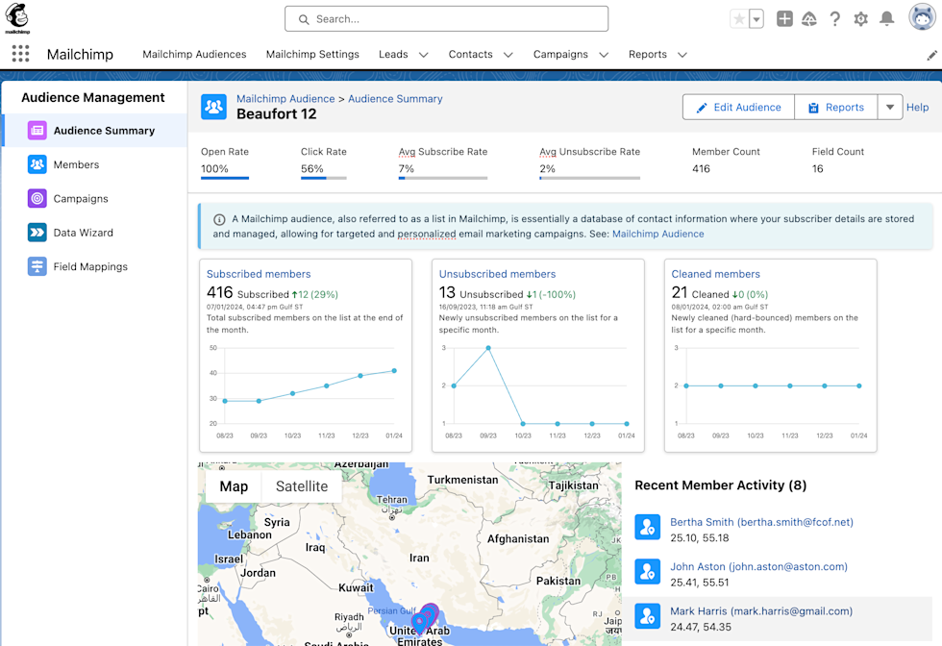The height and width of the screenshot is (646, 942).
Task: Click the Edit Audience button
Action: [x=738, y=108]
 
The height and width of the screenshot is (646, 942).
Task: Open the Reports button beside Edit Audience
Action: [x=835, y=108]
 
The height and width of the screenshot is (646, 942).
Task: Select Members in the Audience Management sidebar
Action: [x=76, y=164]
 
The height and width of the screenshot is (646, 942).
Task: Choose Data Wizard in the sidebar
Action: [x=83, y=233]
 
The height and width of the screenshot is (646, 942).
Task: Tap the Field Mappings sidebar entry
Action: [x=90, y=266]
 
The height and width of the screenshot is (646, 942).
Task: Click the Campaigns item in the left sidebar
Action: [x=81, y=199]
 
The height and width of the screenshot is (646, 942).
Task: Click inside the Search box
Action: [x=446, y=19]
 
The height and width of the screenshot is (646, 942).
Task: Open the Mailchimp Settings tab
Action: [x=312, y=55]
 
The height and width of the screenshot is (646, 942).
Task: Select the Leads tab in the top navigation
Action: [x=393, y=55]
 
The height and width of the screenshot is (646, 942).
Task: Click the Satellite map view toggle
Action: [x=302, y=486]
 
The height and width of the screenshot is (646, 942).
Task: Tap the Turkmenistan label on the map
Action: [x=464, y=480]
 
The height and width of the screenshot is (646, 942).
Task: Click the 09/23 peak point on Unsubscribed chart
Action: [x=488, y=348]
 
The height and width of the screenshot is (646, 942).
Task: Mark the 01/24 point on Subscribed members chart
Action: [x=394, y=371]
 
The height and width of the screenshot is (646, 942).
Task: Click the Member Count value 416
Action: [x=701, y=169]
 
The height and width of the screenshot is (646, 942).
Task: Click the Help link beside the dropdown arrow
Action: [x=918, y=108]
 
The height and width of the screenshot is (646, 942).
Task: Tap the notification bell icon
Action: [x=887, y=19]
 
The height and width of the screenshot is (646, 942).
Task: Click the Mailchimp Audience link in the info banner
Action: [x=657, y=234]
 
